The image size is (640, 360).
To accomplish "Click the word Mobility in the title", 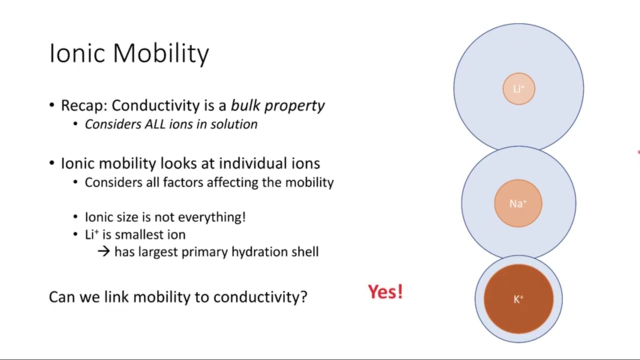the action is coord(161,54).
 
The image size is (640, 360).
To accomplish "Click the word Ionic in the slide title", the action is coord(77,53).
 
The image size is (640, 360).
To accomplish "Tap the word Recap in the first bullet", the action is coord(84,106).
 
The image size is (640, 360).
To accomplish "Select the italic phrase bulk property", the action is coord(277,106).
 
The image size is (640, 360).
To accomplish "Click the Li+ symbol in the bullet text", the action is coord(91,234).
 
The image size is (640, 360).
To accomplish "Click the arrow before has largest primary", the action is coord(103,251).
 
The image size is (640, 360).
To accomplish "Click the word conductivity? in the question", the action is coord(260,297).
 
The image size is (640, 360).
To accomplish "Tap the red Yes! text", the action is coord(385,292).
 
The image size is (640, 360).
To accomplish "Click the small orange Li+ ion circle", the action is coord(519,89).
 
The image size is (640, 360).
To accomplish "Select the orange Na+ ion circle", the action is coord(518,203).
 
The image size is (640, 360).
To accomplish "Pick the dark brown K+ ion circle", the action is coord(518,299).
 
